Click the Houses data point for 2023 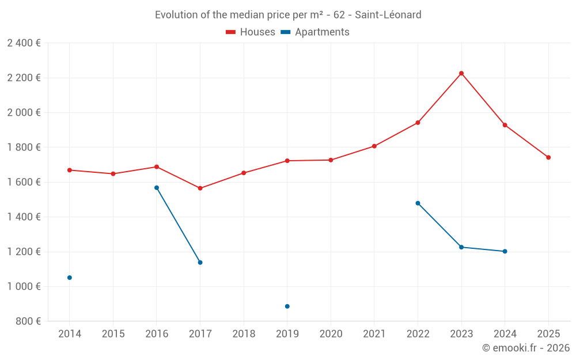click(461, 73)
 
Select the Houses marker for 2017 click(200, 188)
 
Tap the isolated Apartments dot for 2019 click(287, 306)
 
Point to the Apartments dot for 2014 click(70, 278)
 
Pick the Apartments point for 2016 click(157, 188)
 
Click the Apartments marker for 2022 click(418, 203)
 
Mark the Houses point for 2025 click(548, 157)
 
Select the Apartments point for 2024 click(505, 251)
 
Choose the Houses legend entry click(251, 32)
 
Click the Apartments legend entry click(315, 32)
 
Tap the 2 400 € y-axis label click(24, 43)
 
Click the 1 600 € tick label click(24, 182)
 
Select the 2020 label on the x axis click(331, 334)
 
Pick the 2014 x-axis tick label click(70, 334)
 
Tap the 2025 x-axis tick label click(548, 334)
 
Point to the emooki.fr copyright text click(526, 348)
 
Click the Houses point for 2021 click(374, 146)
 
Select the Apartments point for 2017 click(200, 263)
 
